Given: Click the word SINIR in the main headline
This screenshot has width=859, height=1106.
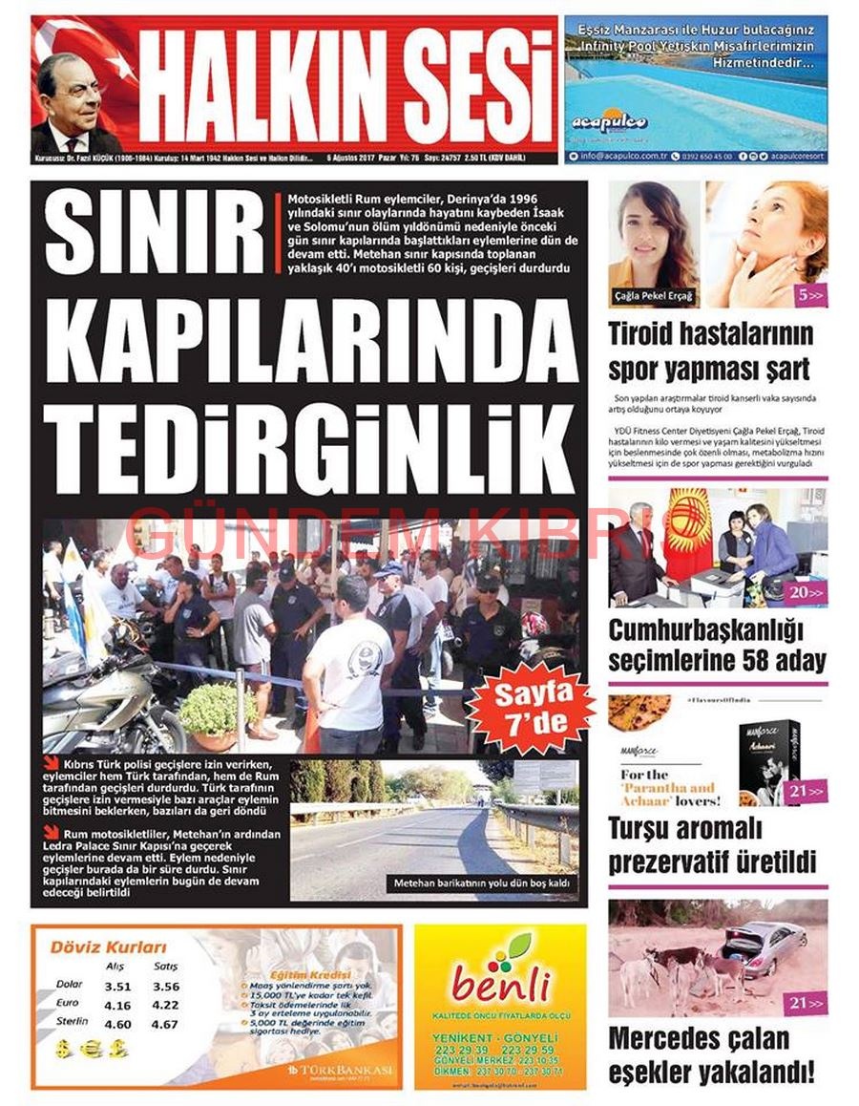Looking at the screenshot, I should tap(156, 237).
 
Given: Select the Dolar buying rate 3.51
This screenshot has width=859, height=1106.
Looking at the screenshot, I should tap(118, 987).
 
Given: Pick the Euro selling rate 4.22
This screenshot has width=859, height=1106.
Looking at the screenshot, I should tap(165, 1005).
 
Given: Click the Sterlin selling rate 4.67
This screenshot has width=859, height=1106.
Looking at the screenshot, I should tap(165, 1024).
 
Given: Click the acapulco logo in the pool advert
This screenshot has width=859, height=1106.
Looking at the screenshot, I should tap(597, 122).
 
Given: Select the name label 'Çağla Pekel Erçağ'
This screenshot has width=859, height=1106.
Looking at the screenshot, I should tap(654, 297).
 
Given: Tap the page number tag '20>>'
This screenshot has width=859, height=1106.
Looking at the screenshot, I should tap(806, 593).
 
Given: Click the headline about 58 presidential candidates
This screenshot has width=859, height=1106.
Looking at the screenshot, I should tap(717, 646).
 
